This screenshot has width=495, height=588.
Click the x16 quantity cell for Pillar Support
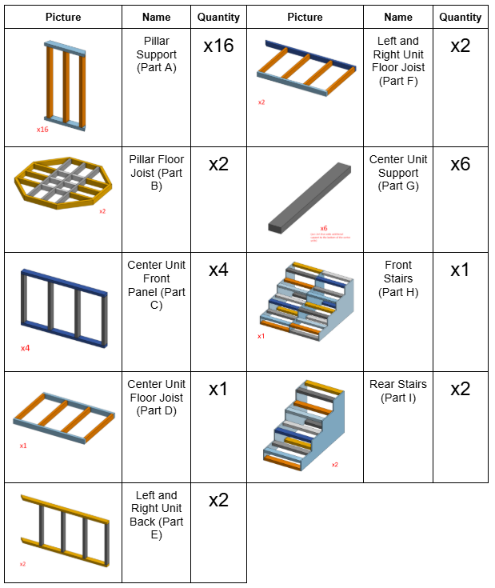point(218,46)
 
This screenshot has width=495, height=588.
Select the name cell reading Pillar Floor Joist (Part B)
point(156,173)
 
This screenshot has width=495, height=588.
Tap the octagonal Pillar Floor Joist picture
point(62,186)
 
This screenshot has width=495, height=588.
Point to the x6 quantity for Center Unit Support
point(460,164)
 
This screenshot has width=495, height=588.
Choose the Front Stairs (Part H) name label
point(398,278)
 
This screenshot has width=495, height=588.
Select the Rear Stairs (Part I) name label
point(398,390)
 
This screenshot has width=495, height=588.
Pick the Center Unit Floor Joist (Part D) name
point(156,398)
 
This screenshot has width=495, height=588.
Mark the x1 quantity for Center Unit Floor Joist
point(218,389)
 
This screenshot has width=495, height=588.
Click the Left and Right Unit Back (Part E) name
point(156,515)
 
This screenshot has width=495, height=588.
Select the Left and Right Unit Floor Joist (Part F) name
point(398,61)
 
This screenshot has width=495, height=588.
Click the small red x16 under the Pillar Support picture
point(42,129)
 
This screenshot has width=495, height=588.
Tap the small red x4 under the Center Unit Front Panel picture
point(26,348)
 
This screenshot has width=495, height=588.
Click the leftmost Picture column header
point(63,17)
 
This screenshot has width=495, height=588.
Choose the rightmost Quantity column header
point(460,17)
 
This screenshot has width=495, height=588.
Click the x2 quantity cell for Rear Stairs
point(460,389)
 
